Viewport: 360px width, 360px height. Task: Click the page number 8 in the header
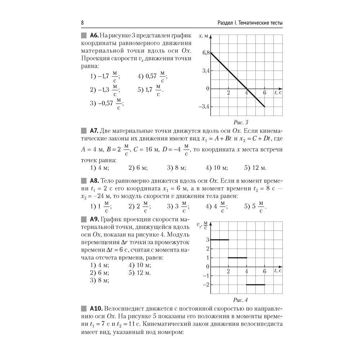coord(82,23)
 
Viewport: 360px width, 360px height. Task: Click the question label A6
coord(94,35)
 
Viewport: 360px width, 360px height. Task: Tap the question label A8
coord(94,180)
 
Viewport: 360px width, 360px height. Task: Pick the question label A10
coord(95,308)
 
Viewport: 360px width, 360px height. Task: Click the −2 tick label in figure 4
coord(206,285)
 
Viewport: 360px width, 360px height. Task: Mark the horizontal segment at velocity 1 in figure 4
coord(237,258)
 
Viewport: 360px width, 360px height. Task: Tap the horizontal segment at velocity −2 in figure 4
coord(255,285)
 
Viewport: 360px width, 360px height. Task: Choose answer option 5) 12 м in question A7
coord(255,167)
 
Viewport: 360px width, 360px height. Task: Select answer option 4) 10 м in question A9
coord(140,265)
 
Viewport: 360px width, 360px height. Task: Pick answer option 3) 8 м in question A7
coord(176,167)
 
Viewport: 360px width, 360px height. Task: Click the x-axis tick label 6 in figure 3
coord(264,93)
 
